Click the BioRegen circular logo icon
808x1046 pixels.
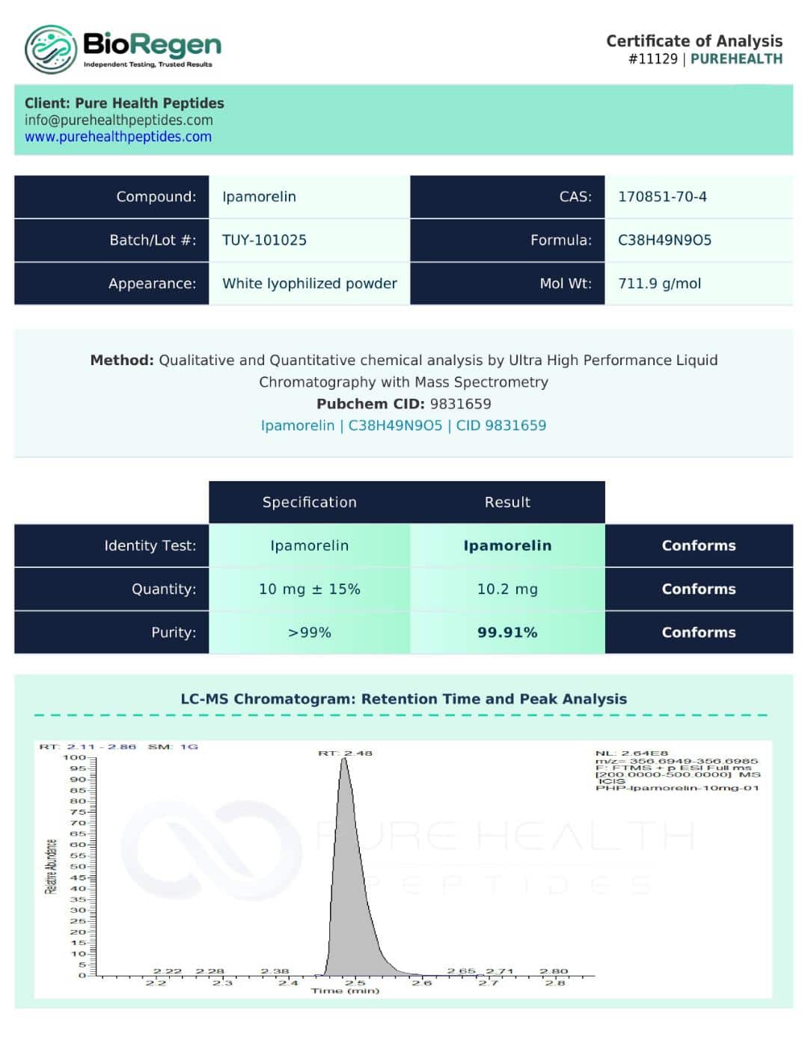coord(50,49)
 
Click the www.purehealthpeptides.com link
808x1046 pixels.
coord(118,137)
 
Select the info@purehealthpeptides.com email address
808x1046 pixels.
coord(118,120)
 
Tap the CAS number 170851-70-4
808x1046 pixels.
coord(662,197)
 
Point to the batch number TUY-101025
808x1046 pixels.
coord(264,240)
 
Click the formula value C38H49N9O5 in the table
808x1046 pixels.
coord(664,240)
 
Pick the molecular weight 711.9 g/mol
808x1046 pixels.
coord(659,284)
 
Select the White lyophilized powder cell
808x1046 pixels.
coord(309,284)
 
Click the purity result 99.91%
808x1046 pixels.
coord(507,632)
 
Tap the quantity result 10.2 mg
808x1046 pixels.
coord(507,589)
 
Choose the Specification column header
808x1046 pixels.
coord(309,502)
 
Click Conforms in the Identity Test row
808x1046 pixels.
coord(698,545)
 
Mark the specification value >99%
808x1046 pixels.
coord(309,632)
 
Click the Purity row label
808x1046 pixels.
coord(174,632)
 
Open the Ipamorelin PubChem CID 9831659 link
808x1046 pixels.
coord(403,426)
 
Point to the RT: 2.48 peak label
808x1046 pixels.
coord(345,753)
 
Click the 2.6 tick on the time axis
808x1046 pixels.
coord(422,982)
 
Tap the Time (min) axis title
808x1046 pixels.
coord(345,991)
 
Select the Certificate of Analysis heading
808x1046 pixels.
coord(694,41)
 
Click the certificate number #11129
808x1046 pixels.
coord(652,59)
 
